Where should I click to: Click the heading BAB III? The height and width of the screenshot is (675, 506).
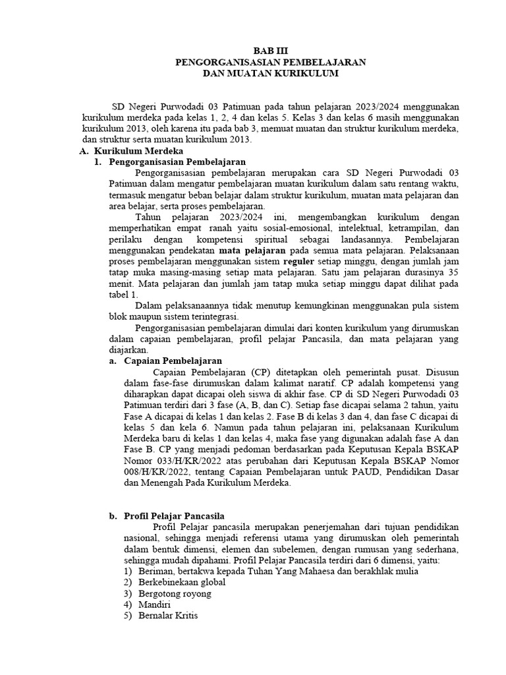271,50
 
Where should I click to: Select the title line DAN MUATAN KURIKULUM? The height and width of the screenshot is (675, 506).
271,74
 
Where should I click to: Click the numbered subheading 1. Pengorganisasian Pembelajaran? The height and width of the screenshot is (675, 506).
169,161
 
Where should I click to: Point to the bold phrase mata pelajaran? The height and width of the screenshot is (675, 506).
252,250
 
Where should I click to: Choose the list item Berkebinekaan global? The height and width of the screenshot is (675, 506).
182,582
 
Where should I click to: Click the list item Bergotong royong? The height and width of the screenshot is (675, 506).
175,593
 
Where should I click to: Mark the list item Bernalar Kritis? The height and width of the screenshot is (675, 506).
168,616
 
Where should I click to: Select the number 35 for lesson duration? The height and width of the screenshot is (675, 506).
452,272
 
